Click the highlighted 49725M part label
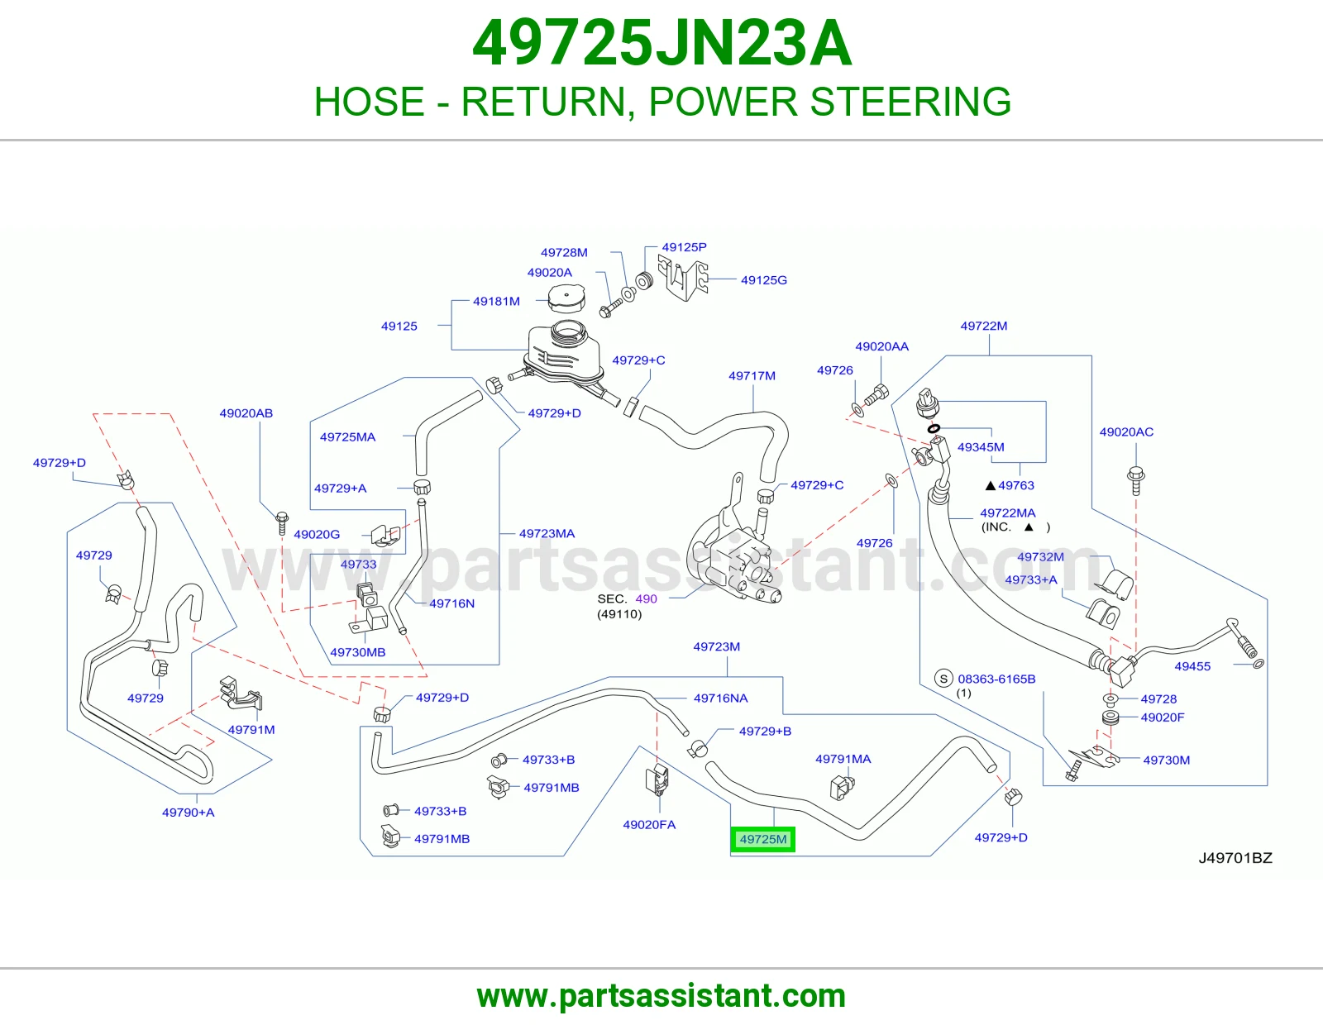762,839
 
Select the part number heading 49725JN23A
661,43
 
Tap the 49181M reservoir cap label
496,301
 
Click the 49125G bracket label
763,280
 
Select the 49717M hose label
752,376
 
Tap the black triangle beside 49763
990,486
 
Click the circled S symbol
943,678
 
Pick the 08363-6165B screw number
996,679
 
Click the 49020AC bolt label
1126,432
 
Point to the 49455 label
1192,666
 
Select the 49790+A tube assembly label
189,813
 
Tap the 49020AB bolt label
246,413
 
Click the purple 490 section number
646,599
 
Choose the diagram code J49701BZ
1235,858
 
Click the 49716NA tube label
720,698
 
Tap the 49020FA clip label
649,825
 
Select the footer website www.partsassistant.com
661,996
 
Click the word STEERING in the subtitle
910,102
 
